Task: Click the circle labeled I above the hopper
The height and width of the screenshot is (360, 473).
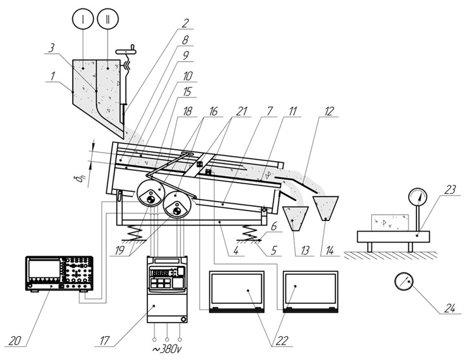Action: tap(84, 19)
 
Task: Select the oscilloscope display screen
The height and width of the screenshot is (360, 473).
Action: tap(44, 272)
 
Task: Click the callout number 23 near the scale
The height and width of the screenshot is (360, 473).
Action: tap(450, 190)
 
